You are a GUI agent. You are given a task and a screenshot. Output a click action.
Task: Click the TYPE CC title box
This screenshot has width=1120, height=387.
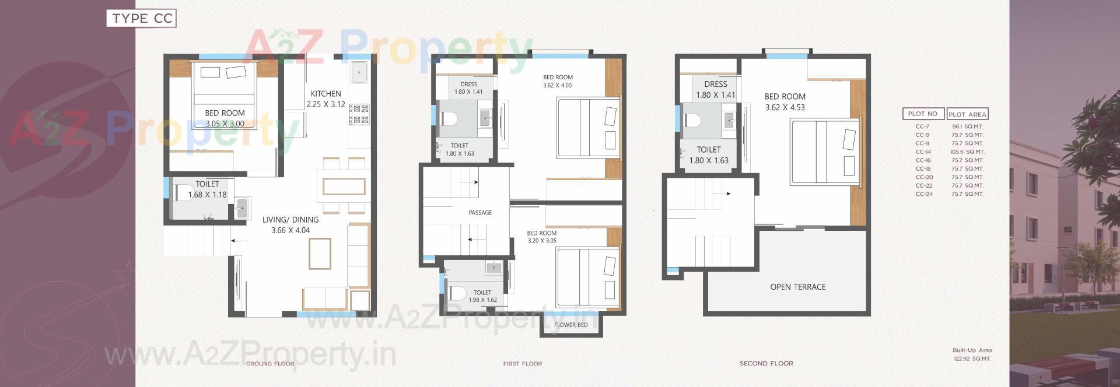pos(141,19)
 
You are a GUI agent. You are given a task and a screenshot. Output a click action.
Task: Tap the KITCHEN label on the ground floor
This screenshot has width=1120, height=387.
pos(325,94)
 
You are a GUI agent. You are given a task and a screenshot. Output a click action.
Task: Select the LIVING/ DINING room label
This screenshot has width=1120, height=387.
pos(290,220)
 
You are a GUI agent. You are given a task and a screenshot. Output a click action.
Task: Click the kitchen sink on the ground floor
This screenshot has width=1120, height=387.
pos(359,73)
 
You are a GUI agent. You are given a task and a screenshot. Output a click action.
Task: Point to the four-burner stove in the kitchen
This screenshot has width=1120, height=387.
pos(359,114)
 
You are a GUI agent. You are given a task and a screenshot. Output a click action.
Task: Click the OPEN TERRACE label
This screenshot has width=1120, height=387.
pos(797,287)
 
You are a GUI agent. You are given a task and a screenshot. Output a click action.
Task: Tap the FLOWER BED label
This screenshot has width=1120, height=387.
pos(570,325)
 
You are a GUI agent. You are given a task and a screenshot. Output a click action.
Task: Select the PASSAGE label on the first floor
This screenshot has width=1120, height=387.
pos(480,213)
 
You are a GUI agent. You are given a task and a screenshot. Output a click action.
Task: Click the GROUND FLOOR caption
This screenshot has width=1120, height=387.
pos(269,364)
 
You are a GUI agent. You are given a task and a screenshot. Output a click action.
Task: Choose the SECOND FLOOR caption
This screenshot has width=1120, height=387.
pos(766,364)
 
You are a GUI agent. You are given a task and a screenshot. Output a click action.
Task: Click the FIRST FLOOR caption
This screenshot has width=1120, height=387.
pos(522,364)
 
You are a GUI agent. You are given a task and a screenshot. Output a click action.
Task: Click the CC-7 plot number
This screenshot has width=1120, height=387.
pos(922,126)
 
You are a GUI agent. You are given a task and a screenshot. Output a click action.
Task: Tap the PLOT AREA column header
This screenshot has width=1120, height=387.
pos(967,114)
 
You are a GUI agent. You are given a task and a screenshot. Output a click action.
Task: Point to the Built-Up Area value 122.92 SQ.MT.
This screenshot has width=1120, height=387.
pos(972,359)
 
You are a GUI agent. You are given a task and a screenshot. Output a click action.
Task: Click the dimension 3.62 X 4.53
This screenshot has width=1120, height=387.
pos(785,107)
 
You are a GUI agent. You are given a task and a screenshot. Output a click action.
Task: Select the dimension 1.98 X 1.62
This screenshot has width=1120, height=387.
pos(482,300)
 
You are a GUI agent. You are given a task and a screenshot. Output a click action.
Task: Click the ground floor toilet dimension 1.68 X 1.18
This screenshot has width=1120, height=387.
pos(207,195)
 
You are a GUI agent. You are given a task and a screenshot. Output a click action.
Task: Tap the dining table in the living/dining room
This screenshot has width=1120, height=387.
pos(344,187)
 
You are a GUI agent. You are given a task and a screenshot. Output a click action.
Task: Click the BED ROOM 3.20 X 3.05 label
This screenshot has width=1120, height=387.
pos(542,237)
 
